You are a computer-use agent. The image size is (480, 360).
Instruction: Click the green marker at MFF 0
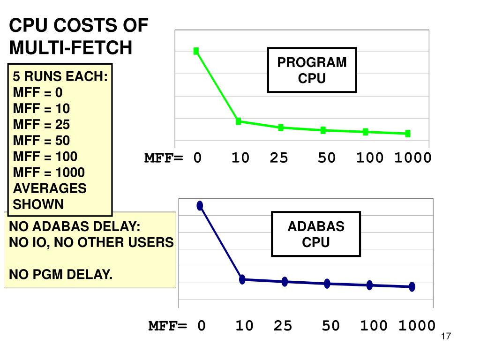coord(196,51)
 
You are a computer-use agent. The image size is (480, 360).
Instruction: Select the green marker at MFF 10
coord(238,121)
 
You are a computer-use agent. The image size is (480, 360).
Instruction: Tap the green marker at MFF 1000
coord(407,134)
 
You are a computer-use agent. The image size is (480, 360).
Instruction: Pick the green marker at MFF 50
coord(323,130)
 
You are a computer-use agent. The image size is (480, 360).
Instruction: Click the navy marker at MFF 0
coord(200,205)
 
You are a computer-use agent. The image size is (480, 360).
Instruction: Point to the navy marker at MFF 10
coord(242,279)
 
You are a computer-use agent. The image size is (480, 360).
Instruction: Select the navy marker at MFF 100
coord(369,285)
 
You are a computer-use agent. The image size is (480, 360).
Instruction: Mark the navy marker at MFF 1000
coord(412,287)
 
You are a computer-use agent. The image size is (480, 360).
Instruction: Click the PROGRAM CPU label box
coord(312,70)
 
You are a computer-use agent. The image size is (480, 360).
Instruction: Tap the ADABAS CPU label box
coord(316,234)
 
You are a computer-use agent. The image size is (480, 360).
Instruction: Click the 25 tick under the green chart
coord(278,158)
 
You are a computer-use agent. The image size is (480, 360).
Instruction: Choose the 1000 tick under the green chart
coord(412,158)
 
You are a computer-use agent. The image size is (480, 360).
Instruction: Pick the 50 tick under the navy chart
coord(330,326)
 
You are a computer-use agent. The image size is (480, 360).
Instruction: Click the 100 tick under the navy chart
coord(374,326)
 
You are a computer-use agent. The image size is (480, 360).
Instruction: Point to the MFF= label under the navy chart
coord(167,326)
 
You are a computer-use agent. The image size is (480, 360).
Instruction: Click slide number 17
coord(445,337)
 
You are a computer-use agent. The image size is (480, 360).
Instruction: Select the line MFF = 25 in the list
coord(41,125)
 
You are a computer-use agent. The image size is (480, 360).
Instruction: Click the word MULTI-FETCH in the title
coord(71,47)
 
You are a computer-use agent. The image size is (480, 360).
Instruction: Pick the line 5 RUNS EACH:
coord(60,77)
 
